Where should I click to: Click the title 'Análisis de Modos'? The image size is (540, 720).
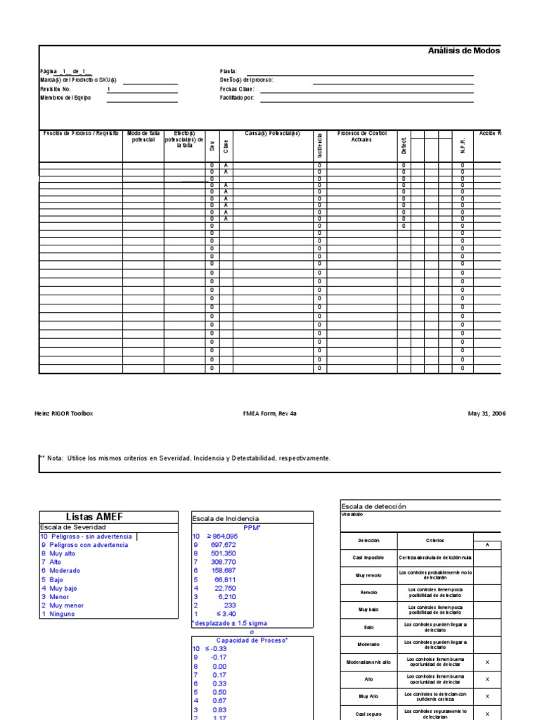tap(464, 51)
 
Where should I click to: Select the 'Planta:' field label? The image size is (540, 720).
tap(229, 71)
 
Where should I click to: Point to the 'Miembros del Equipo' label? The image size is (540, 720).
tap(65, 98)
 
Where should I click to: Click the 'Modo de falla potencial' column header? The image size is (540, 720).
tap(143, 136)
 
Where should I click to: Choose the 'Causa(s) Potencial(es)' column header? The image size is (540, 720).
tap(272, 134)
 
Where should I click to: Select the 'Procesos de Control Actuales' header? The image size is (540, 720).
tap(362, 136)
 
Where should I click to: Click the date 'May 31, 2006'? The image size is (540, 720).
tap(487, 413)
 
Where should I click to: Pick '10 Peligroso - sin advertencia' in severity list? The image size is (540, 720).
tap(88, 536)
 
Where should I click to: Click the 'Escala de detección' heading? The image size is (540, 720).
tap(373, 506)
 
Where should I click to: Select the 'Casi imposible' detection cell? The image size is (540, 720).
tap(368, 558)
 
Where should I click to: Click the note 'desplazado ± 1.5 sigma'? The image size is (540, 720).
tap(231, 623)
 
